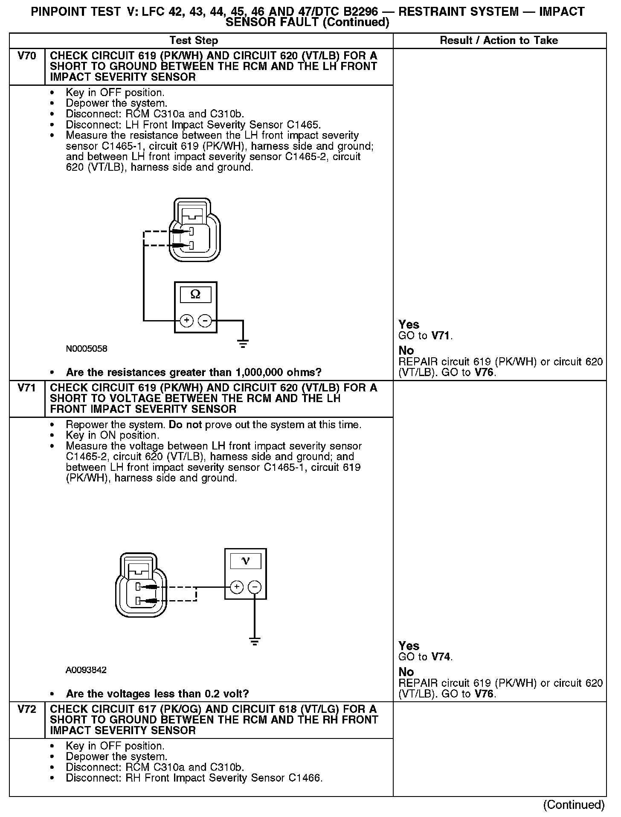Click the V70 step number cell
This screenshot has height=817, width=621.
tap(27, 56)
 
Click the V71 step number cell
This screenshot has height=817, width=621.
tap(27, 388)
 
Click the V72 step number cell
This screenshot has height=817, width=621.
tap(27, 709)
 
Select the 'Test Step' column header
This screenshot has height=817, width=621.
tap(194, 41)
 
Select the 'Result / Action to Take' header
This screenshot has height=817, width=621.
tap(499, 41)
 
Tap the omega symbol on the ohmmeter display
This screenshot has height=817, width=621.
tap(195, 295)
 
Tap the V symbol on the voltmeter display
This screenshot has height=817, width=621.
tap(245, 561)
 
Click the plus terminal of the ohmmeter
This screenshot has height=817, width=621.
tap(186, 320)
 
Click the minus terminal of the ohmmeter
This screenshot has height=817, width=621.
tap(205, 320)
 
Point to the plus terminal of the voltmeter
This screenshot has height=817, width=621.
tap(236, 587)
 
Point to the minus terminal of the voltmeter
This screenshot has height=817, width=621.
tap(255, 587)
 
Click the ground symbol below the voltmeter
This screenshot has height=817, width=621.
tap(255, 641)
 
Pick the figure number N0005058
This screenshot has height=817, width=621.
tap(87, 349)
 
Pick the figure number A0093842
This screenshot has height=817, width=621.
tap(86, 670)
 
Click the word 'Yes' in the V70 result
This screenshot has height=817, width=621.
tap(409, 324)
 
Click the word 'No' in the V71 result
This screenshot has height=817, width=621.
tap(406, 672)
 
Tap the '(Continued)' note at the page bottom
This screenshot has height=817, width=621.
tap(574, 805)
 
